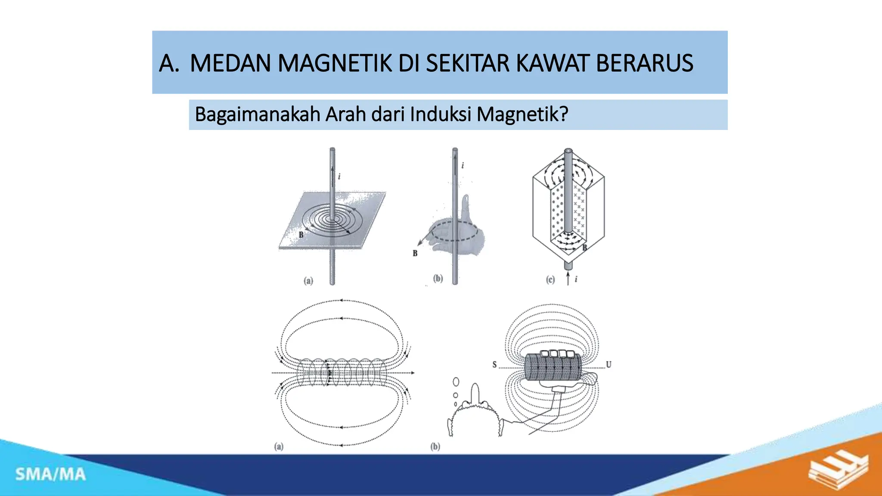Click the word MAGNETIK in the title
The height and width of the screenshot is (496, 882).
(x=335, y=63)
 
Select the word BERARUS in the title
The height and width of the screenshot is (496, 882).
(x=644, y=63)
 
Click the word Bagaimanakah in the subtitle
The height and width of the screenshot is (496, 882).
(x=257, y=115)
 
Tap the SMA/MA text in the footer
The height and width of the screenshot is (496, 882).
(x=51, y=474)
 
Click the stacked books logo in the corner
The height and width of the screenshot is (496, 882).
(x=838, y=472)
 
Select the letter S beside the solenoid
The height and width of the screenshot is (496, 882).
(x=494, y=365)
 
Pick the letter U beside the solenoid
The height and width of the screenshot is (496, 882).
(x=609, y=365)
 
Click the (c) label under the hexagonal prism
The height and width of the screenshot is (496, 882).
(x=550, y=280)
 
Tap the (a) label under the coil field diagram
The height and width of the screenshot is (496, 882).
(x=279, y=446)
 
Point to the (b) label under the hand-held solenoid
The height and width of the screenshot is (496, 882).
(x=435, y=446)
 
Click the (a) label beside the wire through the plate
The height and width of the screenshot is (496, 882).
(x=308, y=281)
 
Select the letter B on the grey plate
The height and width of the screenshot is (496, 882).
(x=301, y=235)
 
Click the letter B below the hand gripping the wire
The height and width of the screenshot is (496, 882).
(x=415, y=253)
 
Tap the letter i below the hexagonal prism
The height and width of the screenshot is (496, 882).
(x=576, y=279)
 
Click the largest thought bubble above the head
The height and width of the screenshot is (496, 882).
(x=456, y=382)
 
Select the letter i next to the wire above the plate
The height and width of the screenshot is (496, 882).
(x=339, y=176)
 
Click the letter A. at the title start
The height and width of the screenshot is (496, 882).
(x=169, y=63)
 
